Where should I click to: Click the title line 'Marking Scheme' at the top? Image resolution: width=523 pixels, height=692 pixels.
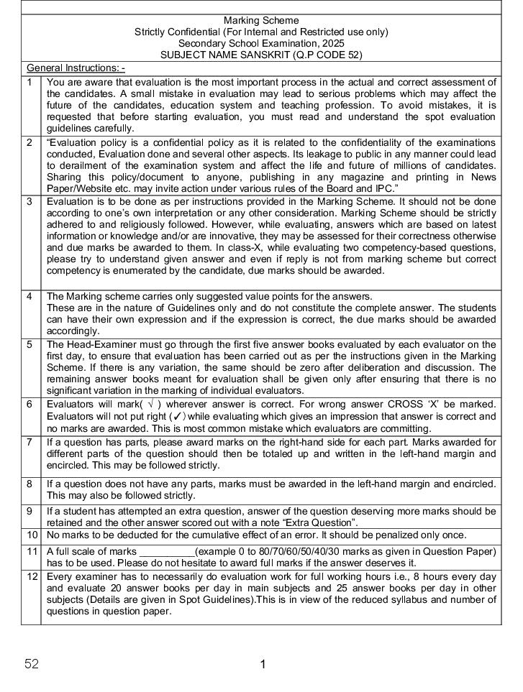point(261,20)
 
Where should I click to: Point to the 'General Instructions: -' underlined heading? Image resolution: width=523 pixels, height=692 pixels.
point(76,68)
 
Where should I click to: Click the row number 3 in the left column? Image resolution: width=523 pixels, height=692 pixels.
point(29,202)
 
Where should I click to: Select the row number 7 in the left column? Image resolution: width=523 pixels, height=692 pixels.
point(29,442)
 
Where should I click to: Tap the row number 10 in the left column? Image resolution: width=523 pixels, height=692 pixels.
point(32,535)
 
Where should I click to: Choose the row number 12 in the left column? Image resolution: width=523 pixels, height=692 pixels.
point(32,577)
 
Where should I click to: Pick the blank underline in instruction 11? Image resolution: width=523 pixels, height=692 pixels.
point(167,551)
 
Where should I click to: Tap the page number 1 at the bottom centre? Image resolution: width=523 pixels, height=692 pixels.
point(263,664)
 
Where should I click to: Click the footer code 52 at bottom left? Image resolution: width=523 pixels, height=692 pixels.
point(32,664)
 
